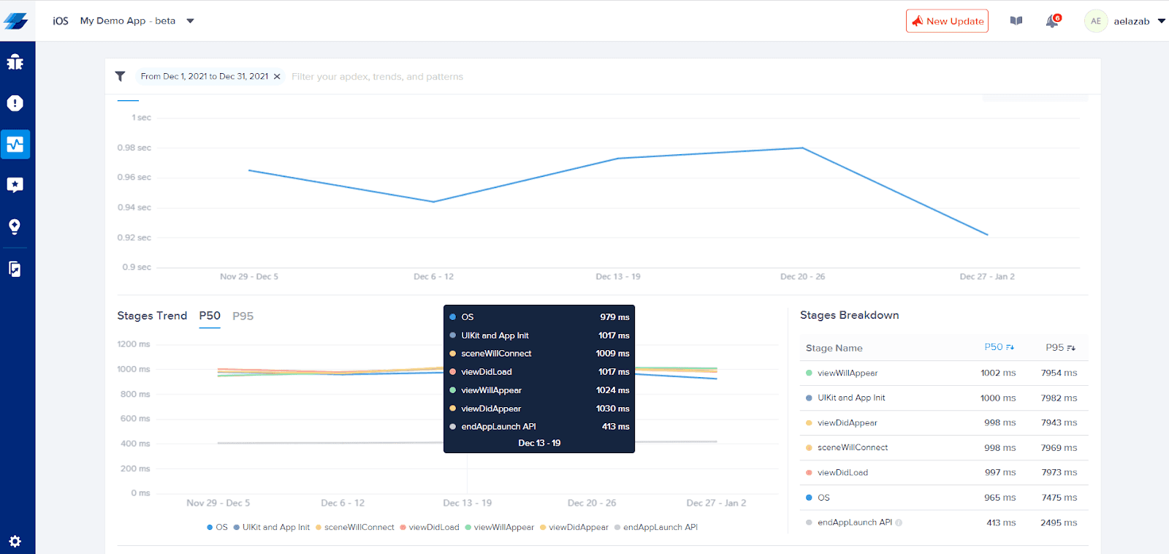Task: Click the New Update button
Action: (x=947, y=21)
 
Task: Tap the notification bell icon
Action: (x=1052, y=21)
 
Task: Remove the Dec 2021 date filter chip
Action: (x=277, y=77)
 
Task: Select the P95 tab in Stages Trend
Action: (x=243, y=316)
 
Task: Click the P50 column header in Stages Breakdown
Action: (x=999, y=347)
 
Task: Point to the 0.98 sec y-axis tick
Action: (x=134, y=148)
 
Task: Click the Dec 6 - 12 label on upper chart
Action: (x=434, y=277)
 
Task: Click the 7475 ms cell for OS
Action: (x=1059, y=498)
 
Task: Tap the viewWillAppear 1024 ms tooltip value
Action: (x=613, y=390)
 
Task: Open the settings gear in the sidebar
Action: (x=15, y=542)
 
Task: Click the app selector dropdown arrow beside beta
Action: (x=191, y=21)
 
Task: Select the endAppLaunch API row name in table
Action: (x=854, y=522)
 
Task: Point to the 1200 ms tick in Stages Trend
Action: (x=134, y=344)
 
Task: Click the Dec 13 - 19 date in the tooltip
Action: (x=539, y=444)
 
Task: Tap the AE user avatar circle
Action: (x=1096, y=21)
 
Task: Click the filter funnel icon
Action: (x=120, y=77)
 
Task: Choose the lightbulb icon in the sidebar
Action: (x=15, y=227)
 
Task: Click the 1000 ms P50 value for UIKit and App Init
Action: (x=998, y=398)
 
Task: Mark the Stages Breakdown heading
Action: (x=850, y=316)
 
